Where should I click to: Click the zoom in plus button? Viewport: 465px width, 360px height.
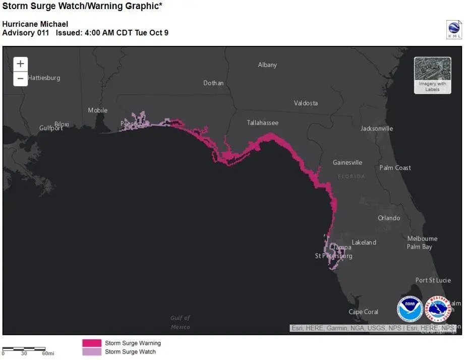(20, 64)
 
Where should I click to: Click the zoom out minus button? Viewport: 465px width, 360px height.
(20, 79)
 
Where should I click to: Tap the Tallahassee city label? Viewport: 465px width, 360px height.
(262, 123)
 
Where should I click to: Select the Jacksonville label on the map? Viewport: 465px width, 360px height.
(376, 129)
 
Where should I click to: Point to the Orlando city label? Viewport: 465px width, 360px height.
(389, 218)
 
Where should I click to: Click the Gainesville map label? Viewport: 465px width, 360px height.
(347, 163)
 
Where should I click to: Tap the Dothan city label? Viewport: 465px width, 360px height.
(213, 83)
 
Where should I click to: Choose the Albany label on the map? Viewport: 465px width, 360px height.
(267, 65)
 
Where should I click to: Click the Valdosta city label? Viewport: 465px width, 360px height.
(306, 103)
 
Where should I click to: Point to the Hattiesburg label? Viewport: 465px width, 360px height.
(44, 78)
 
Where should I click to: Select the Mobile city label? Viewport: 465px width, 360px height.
(98, 110)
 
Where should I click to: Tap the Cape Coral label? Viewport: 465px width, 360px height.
(363, 312)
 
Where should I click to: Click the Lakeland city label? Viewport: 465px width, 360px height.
(364, 243)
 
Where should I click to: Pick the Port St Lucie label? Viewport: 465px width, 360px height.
(433, 280)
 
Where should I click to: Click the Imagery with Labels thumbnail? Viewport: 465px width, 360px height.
(432, 75)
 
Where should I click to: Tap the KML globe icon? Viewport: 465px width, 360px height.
(454, 30)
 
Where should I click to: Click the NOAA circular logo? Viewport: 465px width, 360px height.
(410, 309)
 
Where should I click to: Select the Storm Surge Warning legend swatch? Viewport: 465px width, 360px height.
(92, 343)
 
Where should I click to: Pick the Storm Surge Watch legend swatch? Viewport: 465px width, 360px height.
(92, 352)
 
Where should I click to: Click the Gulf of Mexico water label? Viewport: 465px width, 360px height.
(180, 322)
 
